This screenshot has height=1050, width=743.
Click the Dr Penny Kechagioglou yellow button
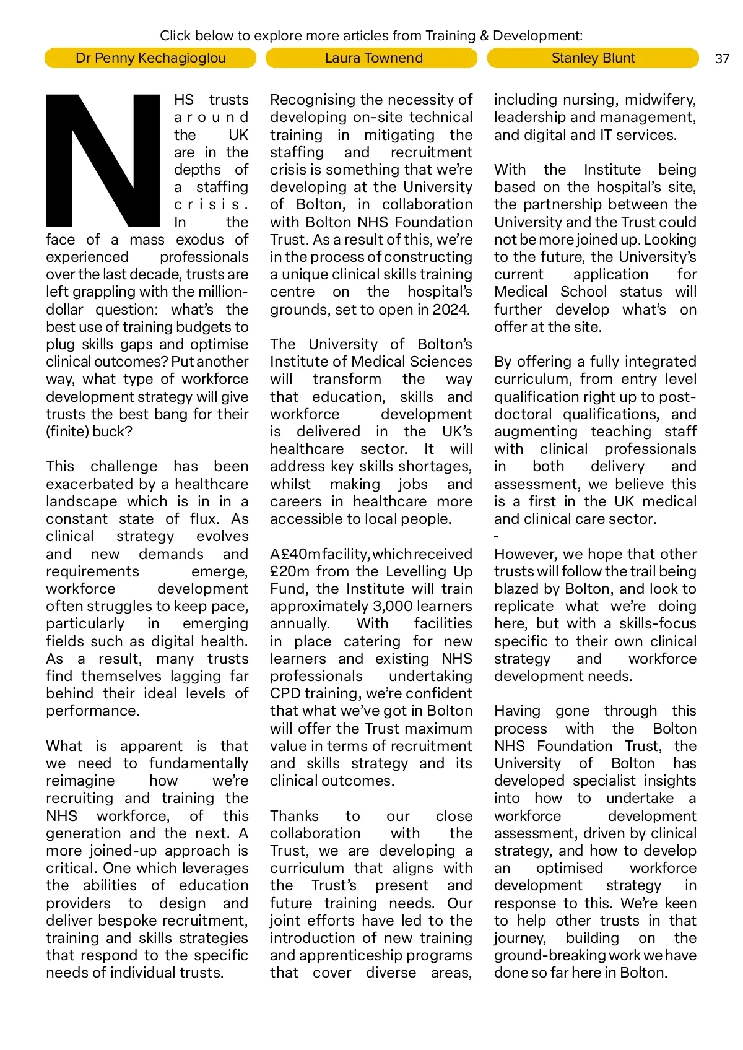(x=150, y=58)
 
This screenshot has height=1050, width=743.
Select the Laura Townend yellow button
(x=371, y=58)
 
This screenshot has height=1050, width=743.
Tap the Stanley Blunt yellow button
(x=593, y=58)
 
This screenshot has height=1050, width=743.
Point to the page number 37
(x=722, y=59)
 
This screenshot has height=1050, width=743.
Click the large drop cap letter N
(x=103, y=161)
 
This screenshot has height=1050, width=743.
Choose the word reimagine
(x=80, y=781)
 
